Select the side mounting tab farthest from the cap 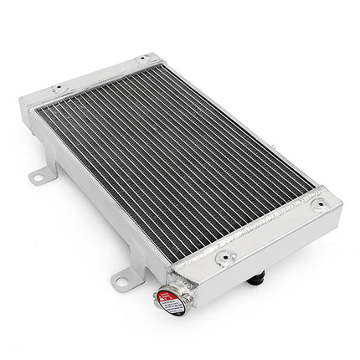(x=39, y=177)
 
